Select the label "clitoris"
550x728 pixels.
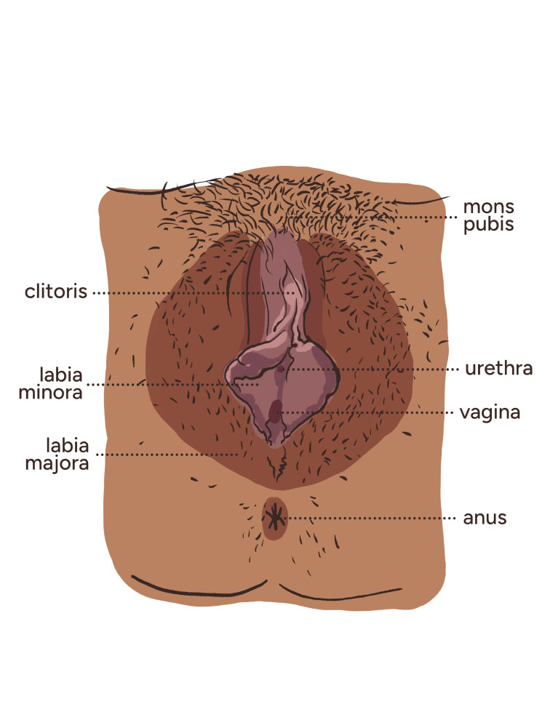pos(55,292)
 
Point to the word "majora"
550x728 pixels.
pos(57,463)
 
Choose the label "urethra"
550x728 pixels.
pos(499,369)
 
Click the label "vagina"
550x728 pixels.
pos(490,412)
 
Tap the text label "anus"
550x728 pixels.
pos(485,519)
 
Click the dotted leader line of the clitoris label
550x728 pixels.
pos(189,292)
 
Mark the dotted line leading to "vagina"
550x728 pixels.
pos(364,412)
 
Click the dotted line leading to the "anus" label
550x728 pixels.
pos(371,519)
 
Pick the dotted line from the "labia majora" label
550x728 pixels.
pos(167,455)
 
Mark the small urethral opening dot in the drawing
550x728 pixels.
pos(282,369)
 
